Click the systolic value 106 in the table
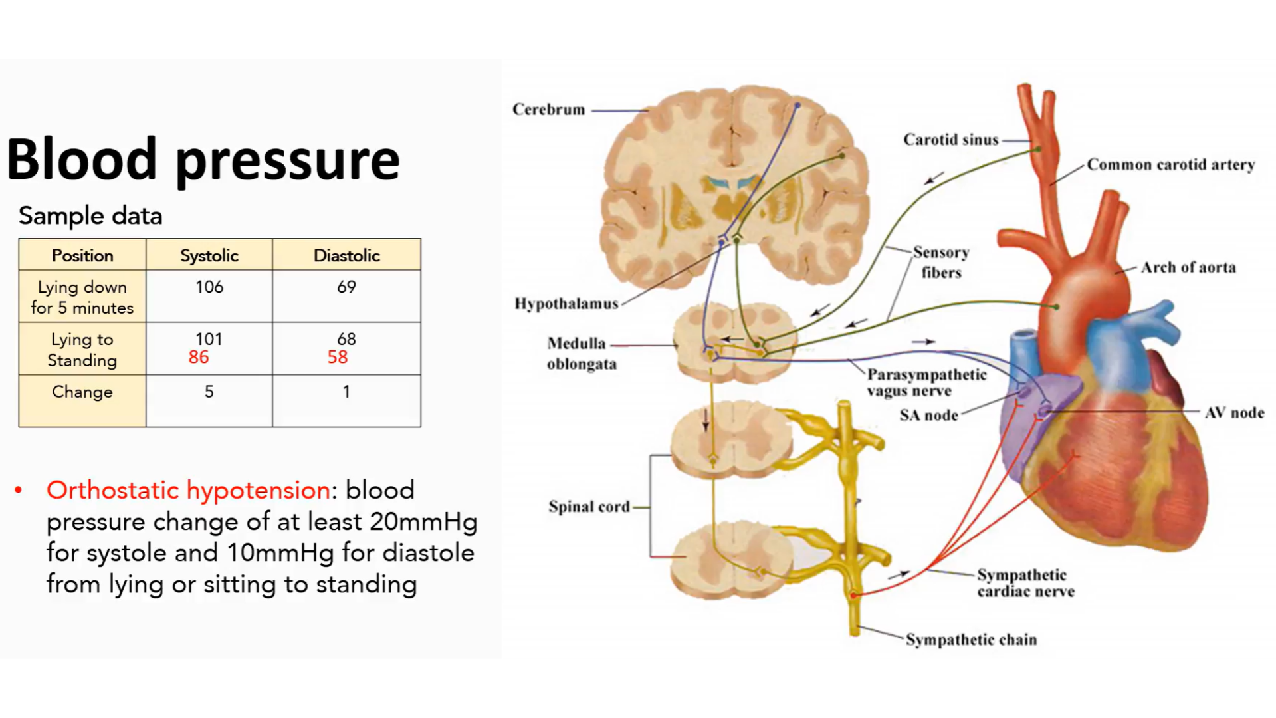[209, 287]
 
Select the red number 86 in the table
[199, 358]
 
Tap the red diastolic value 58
[338, 358]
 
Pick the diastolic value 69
[346, 287]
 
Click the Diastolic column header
[346, 256]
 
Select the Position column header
[82, 256]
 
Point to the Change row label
[82, 392]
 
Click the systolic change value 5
[209, 392]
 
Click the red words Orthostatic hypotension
[188, 491]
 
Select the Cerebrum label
[548, 110]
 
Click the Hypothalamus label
[566, 304]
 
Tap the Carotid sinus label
[950, 140]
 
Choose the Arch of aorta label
[1188, 268]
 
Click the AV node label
[1234, 413]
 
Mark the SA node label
[928, 416]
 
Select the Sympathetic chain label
[971, 640]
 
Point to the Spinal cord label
[589, 507]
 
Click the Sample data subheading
[90, 216]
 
